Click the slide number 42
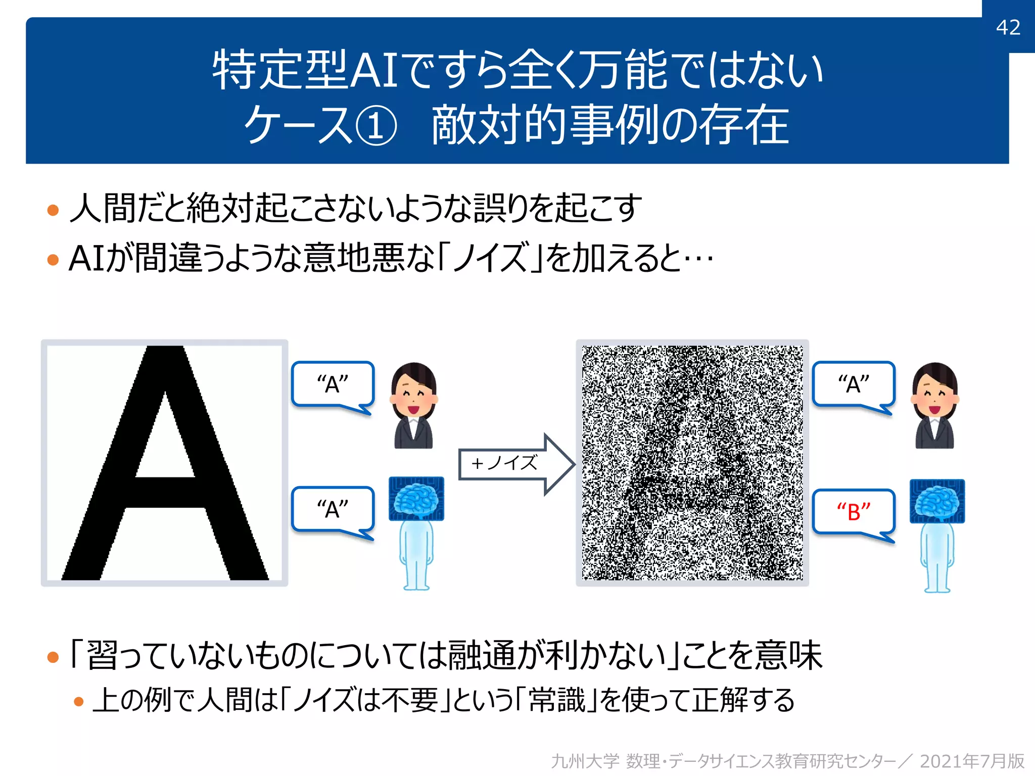click(1008, 27)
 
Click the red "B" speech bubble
click(854, 512)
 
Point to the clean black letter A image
click(165, 463)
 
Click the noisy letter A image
click(692, 463)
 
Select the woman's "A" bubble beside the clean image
click(333, 384)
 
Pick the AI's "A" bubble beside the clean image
click(333, 509)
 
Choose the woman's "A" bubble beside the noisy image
click(854, 384)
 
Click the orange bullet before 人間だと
click(53, 210)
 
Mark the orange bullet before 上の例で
click(78, 701)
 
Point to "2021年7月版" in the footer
click(971, 761)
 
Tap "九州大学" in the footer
click(585, 761)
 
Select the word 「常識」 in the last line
click(556, 700)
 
